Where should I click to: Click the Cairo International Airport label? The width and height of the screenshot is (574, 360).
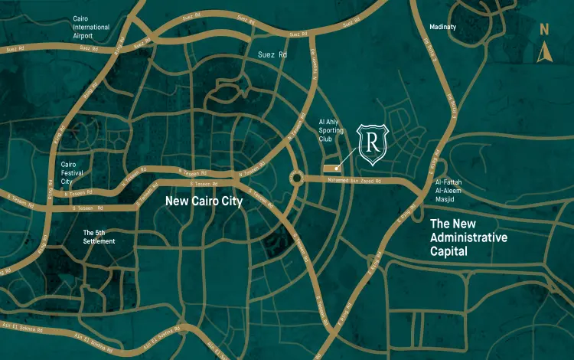click(91, 27)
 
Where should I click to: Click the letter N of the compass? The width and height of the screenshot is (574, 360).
click(544, 30)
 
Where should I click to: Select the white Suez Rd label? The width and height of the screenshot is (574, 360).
click(272, 55)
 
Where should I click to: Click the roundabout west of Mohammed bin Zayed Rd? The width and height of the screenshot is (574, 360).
click(297, 179)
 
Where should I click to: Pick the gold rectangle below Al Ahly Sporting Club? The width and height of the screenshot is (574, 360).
click(330, 167)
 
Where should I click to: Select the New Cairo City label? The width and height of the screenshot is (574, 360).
click(204, 202)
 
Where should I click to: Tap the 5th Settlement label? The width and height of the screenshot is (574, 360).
click(99, 236)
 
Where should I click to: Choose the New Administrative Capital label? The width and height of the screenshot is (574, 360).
click(468, 237)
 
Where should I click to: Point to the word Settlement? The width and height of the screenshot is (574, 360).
click(99, 241)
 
